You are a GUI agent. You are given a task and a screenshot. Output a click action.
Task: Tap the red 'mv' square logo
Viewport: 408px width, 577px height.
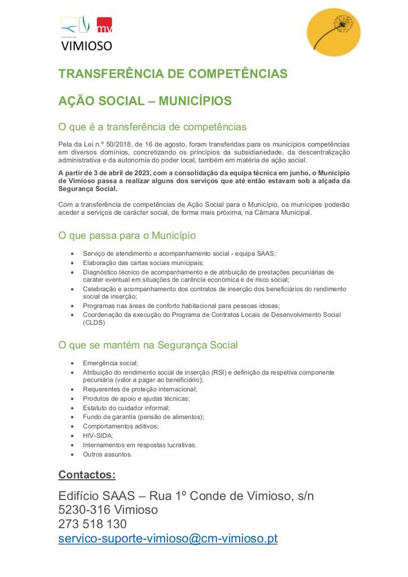[x=104, y=25]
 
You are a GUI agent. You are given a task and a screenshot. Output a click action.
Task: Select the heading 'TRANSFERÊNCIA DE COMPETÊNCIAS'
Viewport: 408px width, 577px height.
[x=173, y=74]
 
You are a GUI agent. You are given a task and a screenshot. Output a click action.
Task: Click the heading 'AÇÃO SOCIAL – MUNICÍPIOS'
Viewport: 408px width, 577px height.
[x=145, y=101]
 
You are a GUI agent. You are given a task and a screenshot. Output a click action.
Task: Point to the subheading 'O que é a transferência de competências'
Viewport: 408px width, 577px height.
[x=152, y=127]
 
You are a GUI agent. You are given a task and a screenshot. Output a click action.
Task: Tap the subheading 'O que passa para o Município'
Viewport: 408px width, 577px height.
[x=127, y=235]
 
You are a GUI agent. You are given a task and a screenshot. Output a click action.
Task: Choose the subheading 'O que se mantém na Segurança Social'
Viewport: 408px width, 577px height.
[x=148, y=345]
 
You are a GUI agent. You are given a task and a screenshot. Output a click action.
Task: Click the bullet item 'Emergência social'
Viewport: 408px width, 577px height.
[x=110, y=363]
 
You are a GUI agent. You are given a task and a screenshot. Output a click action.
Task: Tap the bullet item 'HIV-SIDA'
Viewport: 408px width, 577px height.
[x=98, y=435]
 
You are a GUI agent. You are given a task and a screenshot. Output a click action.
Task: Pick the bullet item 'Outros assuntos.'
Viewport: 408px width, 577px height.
[x=108, y=454]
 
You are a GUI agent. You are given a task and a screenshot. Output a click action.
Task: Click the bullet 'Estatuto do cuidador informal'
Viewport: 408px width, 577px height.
[x=126, y=408]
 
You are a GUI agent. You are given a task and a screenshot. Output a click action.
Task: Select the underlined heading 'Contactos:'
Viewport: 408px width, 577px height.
[x=87, y=475]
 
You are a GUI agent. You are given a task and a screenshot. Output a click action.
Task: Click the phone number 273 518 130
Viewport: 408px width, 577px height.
[x=92, y=524]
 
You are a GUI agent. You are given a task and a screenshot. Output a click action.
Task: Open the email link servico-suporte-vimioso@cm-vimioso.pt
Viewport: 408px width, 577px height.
[x=168, y=538]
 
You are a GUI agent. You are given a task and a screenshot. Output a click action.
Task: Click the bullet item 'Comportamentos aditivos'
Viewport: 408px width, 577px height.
[x=121, y=426]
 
